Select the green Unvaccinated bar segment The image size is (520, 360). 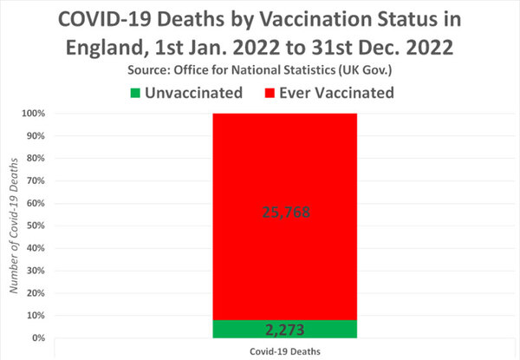point(251,330)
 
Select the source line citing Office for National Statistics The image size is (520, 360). point(260,68)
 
